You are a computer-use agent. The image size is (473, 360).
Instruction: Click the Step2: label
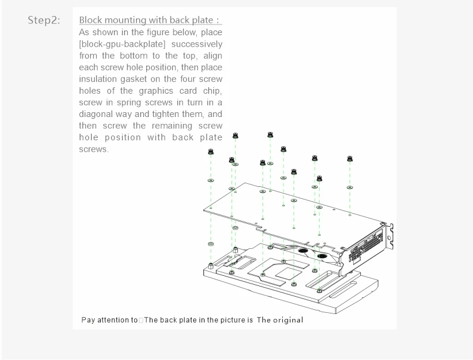point(44,20)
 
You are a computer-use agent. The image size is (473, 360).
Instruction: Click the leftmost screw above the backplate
point(211,152)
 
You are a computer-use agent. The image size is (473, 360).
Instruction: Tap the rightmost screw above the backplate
point(350,159)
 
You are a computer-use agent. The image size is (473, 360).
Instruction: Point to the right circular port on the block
point(323,257)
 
